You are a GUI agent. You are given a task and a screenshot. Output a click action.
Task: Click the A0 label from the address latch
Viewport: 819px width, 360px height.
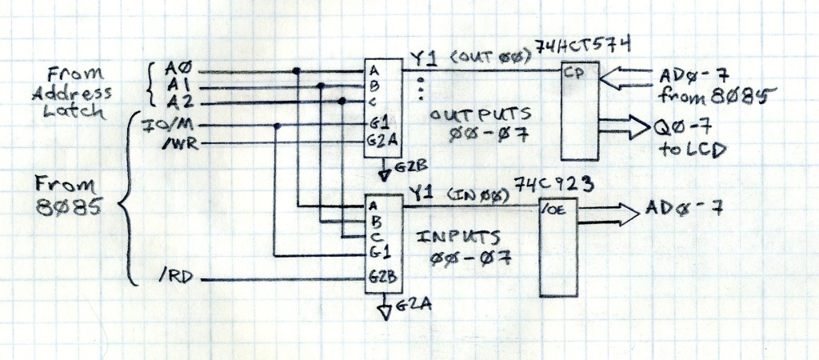click(175, 70)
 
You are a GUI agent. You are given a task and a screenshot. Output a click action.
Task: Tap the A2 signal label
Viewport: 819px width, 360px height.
click(176, 102)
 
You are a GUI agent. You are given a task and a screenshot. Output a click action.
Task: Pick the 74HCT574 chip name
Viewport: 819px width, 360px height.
click(593, 50)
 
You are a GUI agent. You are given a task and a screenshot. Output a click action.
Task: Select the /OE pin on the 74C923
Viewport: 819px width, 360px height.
click(553, 211)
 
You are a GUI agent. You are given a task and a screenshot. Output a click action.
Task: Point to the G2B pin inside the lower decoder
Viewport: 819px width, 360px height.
click(379, 281)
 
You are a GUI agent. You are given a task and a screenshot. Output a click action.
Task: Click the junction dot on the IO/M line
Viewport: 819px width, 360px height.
click(277, 126)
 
